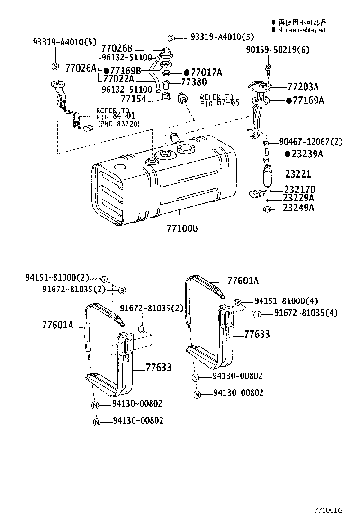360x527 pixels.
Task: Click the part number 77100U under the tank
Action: (181, 228)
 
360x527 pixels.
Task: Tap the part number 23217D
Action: (300, 189)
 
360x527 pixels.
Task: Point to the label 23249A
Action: (298, 208)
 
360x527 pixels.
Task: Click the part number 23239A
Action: (307, 154)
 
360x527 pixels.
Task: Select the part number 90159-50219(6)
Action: (270, 50)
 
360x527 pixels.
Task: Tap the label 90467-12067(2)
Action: (311, 142)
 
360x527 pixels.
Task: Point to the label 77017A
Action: (206, 72)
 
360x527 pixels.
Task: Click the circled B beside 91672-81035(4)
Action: (257, 314)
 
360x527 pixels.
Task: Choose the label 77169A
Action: (308, 100)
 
